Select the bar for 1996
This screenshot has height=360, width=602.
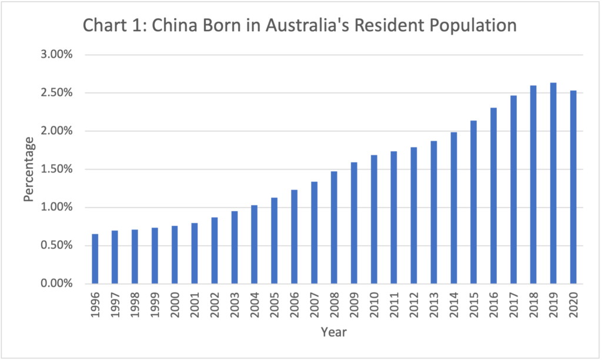click(x=95, y=259)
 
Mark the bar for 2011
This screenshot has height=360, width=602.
click(x=393, y=218)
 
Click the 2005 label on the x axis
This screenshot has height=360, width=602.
click(x=275, y=305)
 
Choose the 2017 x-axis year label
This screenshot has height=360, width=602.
click(x=513, y=305)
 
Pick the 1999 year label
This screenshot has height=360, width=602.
click(x=155, y=305)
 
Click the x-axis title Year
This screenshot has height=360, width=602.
click(x=333, y=332)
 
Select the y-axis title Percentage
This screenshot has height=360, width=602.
click(x=29, y=169)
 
